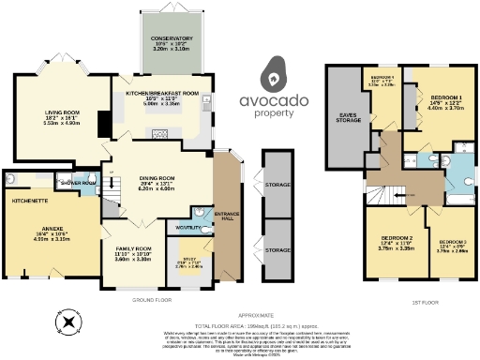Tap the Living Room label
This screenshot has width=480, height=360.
[x=61, y=116]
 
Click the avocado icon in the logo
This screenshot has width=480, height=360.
[x=273, y=72]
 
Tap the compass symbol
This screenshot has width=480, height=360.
[x=67, y=323]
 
